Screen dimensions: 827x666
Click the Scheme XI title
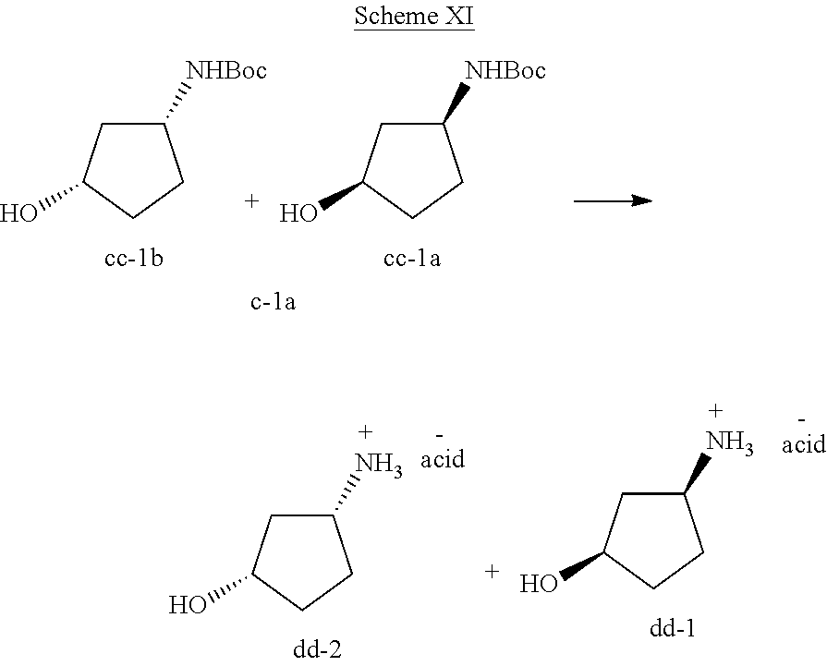[414, 16]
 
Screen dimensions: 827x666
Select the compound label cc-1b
[134, 259]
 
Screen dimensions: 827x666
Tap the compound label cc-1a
[412, 259]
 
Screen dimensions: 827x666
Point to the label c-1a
[273, 302]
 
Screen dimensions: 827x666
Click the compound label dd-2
[317, 649]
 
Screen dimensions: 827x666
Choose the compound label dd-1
[673, 628]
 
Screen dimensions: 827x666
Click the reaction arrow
[613, 200]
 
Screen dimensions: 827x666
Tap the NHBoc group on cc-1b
[226, 70]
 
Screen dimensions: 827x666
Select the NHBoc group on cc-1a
[505, 70]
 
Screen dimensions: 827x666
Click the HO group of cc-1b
[19, 213]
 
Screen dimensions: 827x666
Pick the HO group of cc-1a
[298, 213]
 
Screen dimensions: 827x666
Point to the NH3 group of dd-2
[379, 464]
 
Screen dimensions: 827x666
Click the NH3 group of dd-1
[730, 442]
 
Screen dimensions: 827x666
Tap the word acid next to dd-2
[443, 459]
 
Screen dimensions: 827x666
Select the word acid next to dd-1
[804, 444]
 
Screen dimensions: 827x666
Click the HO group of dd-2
[188, 605]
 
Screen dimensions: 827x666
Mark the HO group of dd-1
[539, 584]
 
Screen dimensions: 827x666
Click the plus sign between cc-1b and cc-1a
[252, 200]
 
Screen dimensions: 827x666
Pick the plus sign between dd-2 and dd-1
[492, 571]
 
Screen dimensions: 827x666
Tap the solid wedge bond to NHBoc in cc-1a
[456, 102]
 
